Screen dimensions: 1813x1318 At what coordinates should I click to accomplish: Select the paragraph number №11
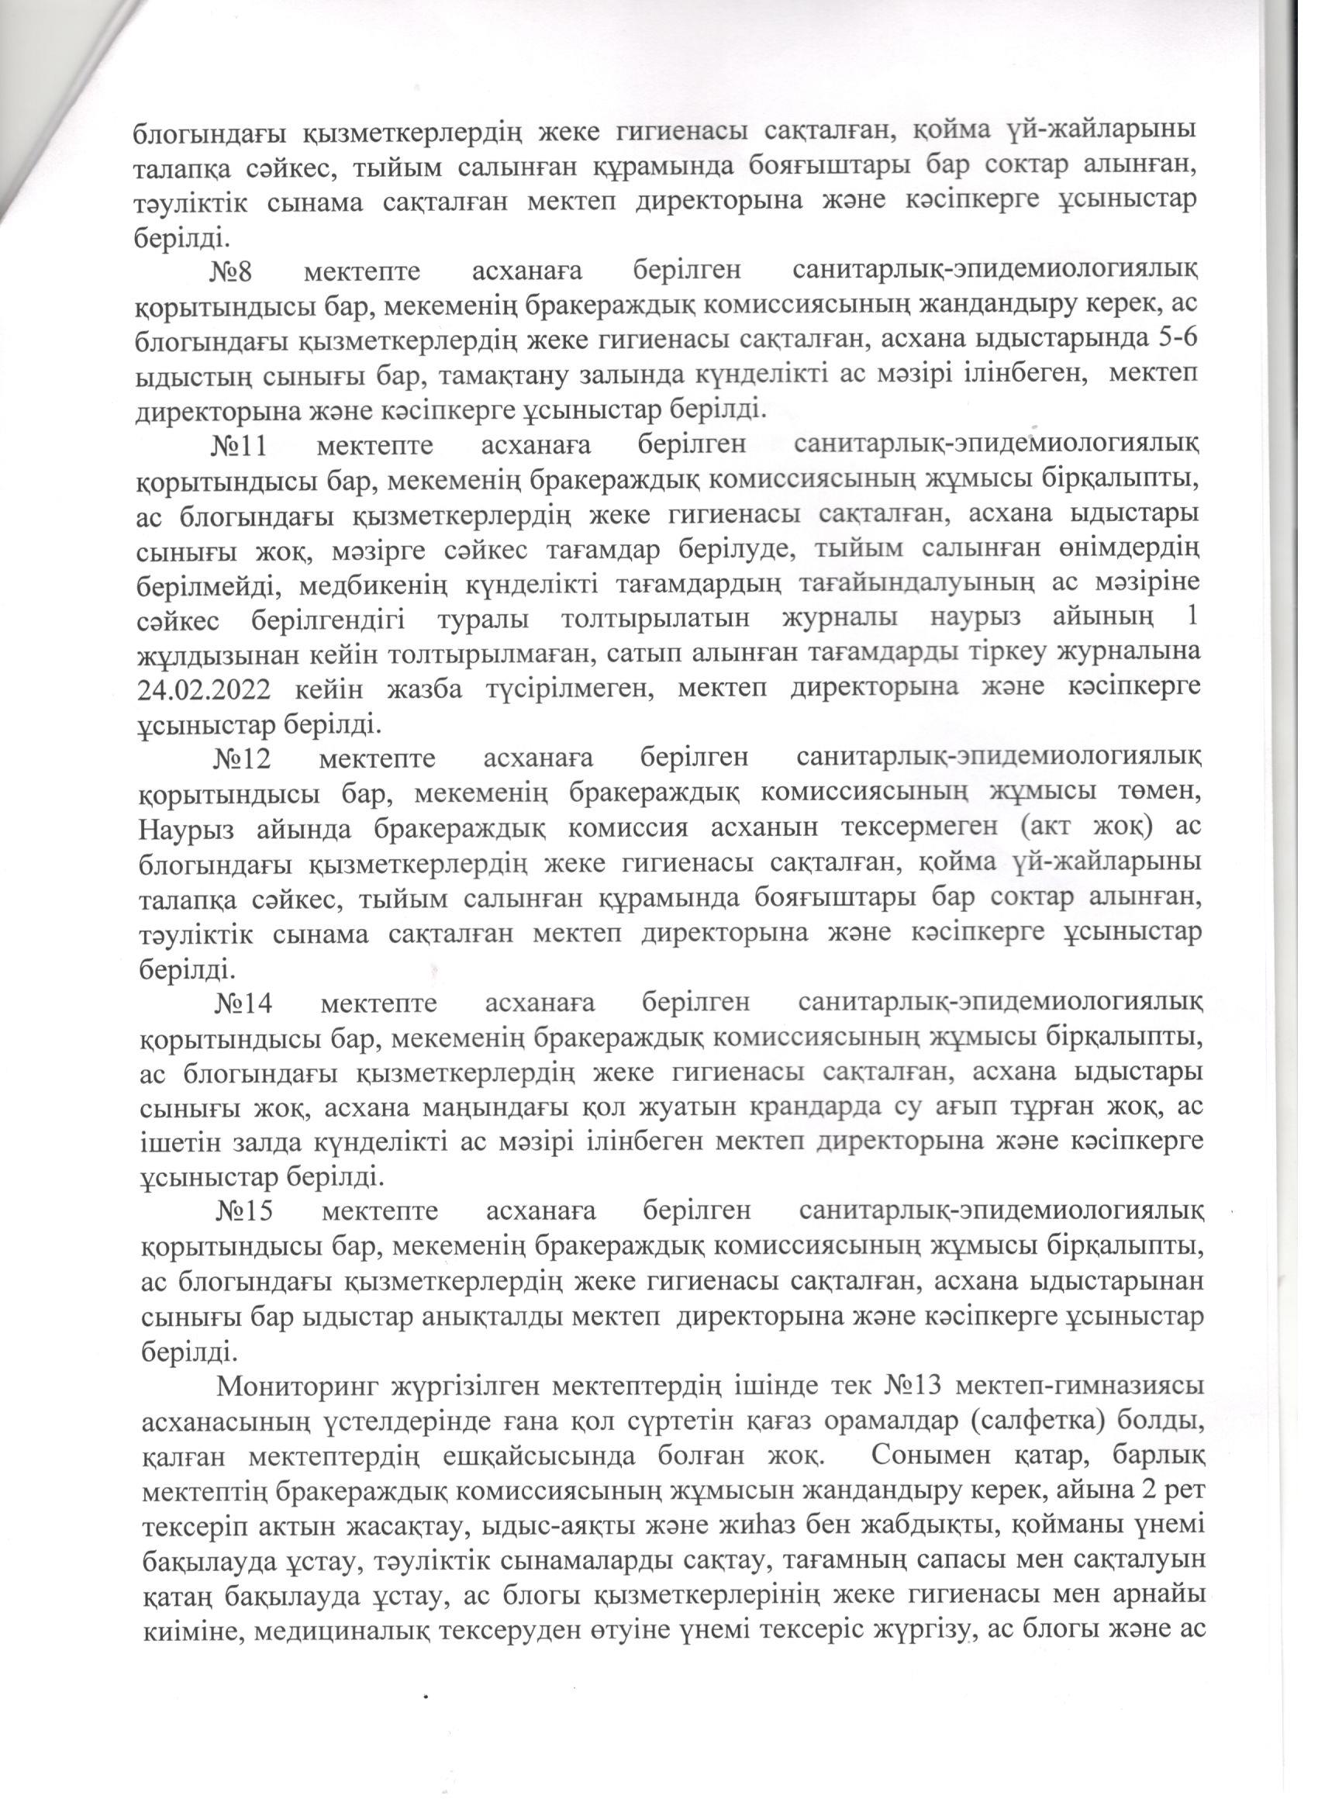pos(237,444)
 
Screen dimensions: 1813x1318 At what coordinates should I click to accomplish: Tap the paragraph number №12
pos(241,758)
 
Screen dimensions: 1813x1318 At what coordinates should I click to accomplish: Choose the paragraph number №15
pos(244,1211)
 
